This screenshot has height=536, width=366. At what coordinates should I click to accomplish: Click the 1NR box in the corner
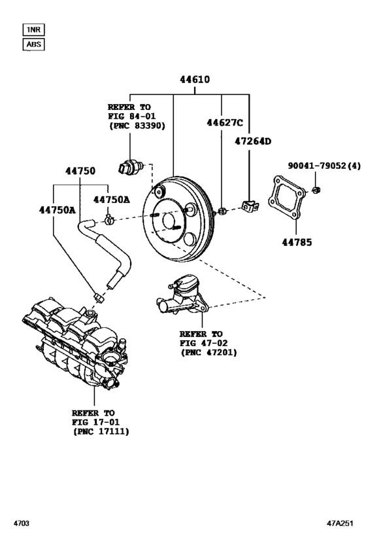[33, 29]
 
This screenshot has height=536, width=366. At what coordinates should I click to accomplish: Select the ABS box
[33, 45]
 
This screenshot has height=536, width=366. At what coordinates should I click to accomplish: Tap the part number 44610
[195, 80]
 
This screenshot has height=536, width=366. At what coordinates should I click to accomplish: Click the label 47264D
[252, 140]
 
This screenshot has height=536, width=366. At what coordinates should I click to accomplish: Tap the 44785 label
[297, 241]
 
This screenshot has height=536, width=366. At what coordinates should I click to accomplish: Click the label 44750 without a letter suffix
[80, 171]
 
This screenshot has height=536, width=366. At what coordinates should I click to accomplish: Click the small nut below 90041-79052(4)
[316, 190]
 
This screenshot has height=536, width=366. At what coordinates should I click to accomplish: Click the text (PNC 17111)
[101, 432]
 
